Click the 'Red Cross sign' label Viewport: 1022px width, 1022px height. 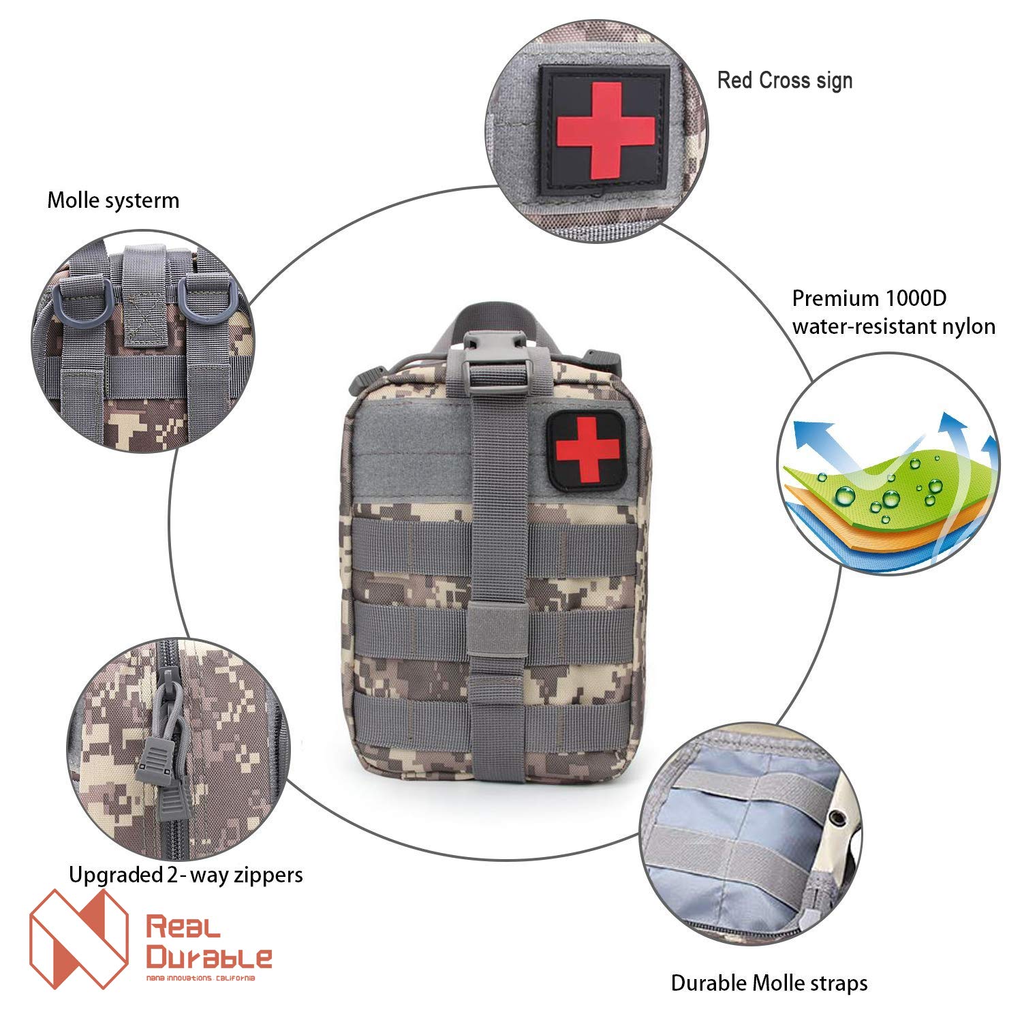[784, 80]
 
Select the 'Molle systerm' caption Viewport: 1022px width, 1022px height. [113, 200]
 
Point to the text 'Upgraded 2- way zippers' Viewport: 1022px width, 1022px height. [186, 874]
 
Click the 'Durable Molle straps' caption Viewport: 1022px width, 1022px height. [769, 982]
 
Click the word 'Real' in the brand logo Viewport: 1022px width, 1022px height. [183, 927]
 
